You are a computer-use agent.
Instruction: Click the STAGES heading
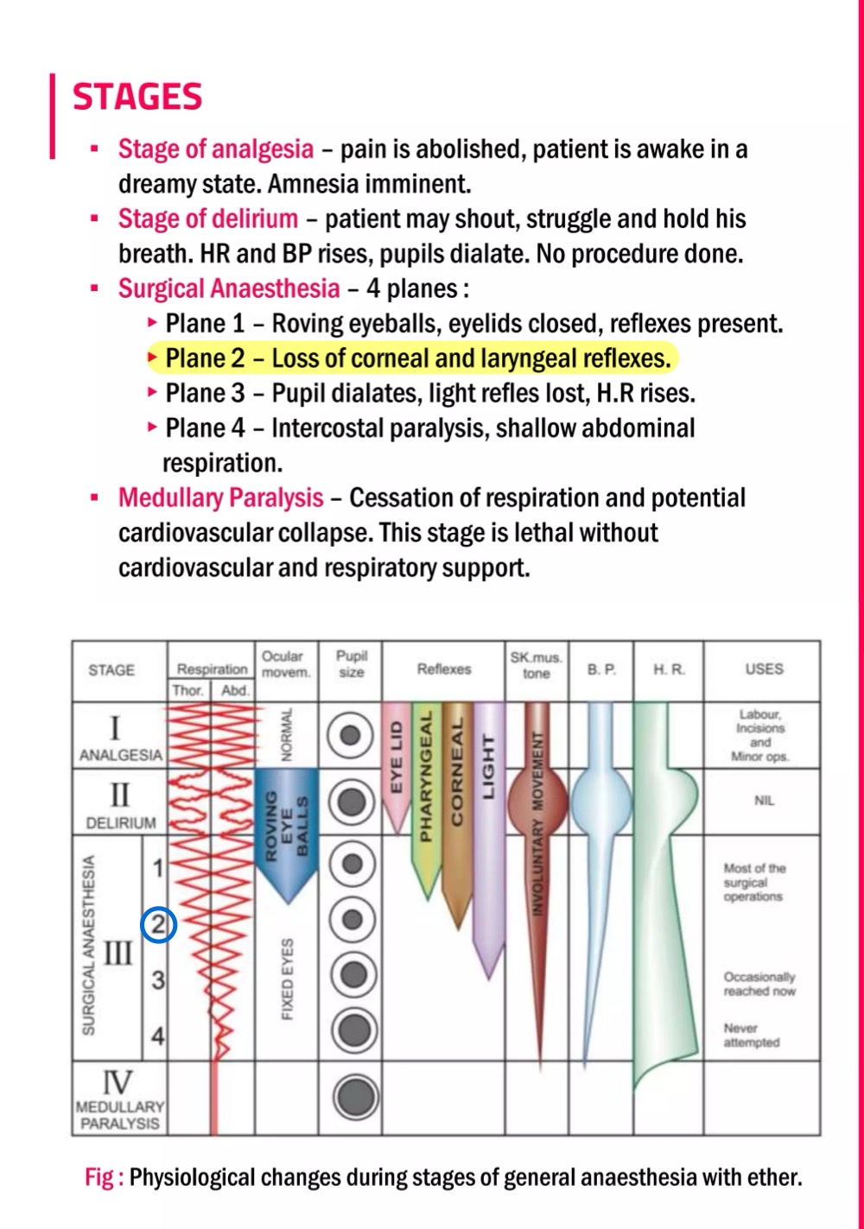tap(137, 97)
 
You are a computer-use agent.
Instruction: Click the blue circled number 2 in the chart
tap(159, 925)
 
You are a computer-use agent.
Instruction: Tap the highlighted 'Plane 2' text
tap(205, 358)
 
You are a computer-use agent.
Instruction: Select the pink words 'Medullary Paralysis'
tap(220, 498)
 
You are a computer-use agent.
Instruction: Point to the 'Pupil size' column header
tap(352, 663)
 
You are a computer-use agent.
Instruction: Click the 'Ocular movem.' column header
tap(283, 663)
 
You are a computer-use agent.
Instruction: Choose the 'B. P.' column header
tap(601, 669)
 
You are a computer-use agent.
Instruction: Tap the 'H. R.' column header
tap(669, 669)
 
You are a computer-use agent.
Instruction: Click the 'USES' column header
tap(764, 669)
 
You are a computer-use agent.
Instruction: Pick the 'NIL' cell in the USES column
tap(764, 801)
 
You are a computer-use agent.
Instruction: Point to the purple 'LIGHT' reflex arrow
tap(489, 777)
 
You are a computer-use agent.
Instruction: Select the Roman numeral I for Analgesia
tap(116, 727)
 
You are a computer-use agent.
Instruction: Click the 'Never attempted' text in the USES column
tap(752, 1035)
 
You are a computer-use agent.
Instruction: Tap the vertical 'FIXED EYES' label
tap(288, 979)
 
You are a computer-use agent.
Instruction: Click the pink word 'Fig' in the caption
tap(99, 1177)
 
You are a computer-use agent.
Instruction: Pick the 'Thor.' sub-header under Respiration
tap(187, 690)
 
